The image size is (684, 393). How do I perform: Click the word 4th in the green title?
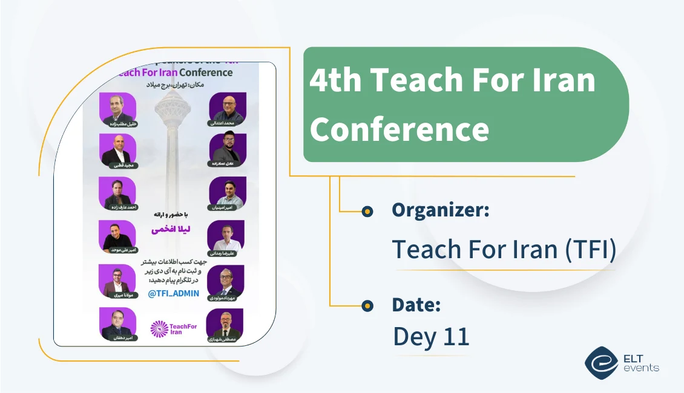[334, 80]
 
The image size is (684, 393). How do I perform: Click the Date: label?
[416, 305]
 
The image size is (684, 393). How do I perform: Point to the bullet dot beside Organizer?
[367, 212]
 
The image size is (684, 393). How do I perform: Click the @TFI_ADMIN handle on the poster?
[173, 294]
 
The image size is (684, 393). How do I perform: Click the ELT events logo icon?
[600, 362]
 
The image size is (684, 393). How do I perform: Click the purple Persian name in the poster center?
[173, 229]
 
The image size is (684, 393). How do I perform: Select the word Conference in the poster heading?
[202, 73]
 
